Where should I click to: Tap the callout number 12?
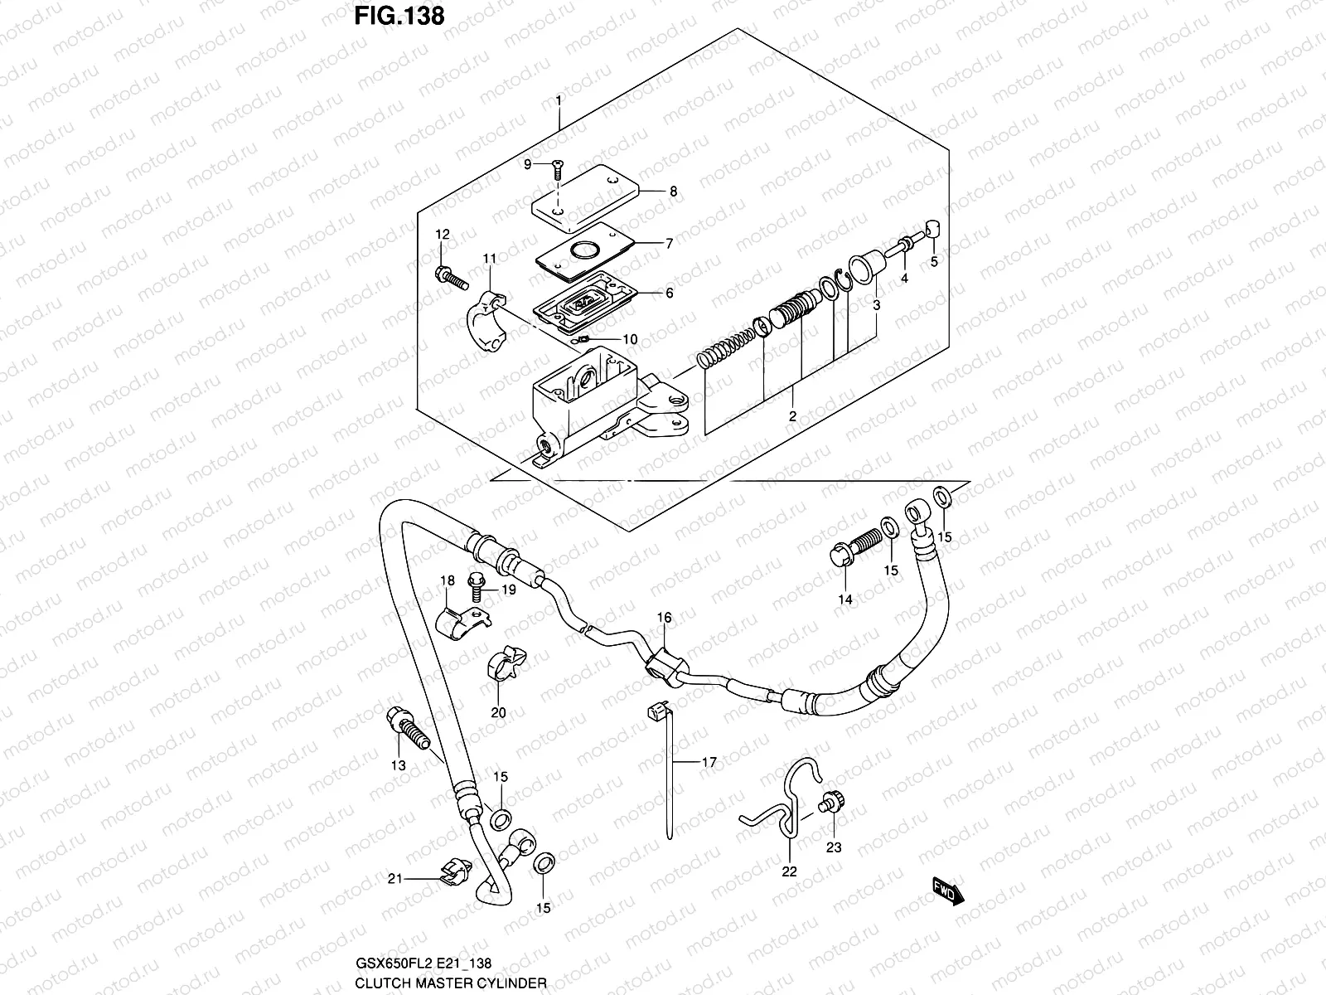click(442, 235)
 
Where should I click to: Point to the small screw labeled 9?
click(556, 171)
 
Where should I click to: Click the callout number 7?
click(669, 244)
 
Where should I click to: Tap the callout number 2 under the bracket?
click(791, 416)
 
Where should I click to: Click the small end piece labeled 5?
click(931, 229)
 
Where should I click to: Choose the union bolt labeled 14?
click(854, 551)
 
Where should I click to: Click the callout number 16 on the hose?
click(665, 618)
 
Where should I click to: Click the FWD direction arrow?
click(945, 893)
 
